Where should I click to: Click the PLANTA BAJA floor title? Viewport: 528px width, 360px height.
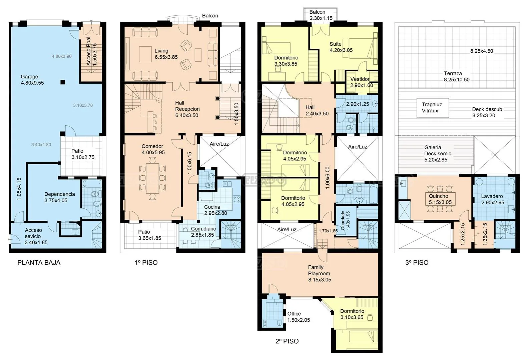[39, 263]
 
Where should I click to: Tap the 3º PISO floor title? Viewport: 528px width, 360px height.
[417, 263]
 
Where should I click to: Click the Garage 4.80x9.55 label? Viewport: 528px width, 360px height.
[32, 80]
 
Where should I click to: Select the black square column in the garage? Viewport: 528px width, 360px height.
[63, 82]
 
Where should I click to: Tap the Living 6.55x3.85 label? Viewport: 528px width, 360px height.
[166, 54]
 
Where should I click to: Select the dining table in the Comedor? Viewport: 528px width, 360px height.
[152, 178]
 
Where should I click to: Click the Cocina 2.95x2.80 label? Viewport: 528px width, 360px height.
[215, 210]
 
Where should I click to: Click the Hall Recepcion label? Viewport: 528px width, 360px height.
[187, 109]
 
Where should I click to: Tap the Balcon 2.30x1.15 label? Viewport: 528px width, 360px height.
[321, 15]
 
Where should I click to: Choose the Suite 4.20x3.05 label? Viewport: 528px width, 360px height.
[341, 47]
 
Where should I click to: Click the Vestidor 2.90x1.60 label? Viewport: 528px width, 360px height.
[362, 82]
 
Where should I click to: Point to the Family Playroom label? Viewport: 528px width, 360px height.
[320, 274]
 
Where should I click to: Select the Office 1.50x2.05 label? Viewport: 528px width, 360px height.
[299, 317]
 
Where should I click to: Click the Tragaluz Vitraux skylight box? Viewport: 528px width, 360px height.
[433, 108]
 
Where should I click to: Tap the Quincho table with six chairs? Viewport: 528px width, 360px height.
[440, 199]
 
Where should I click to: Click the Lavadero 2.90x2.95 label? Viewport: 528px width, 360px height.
[493, 199]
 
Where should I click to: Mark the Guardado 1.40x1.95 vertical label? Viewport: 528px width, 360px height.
[345, 221]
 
